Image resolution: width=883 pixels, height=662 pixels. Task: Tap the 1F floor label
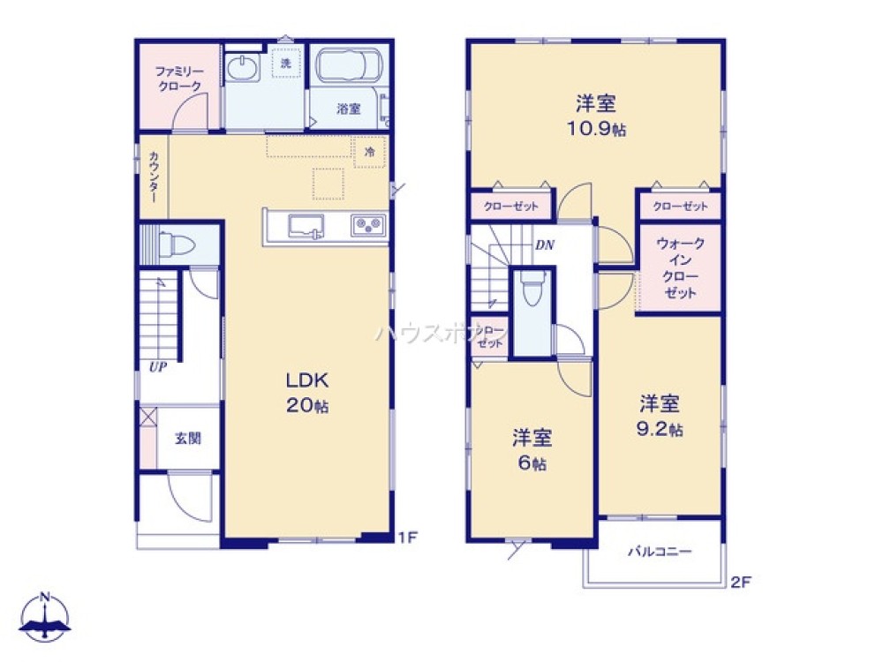(x=406, y=536)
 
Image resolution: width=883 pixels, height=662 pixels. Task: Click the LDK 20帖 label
(x=306, y=393)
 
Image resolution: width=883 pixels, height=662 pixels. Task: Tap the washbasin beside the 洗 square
(x=239, y=68)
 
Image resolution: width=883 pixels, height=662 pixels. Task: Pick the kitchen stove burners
(x=369, y=225)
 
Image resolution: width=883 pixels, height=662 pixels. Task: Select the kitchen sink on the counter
(x=306, y=226)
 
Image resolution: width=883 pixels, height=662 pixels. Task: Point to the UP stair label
(x=158, y=366)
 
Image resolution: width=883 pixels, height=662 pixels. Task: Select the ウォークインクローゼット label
(x=680, y=267)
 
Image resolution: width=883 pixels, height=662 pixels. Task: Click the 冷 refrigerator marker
(x=370, y=152)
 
